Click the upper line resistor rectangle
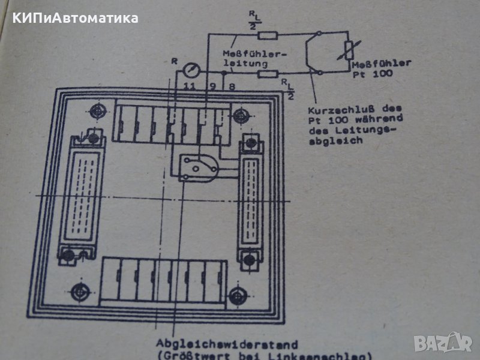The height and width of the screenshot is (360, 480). (268, 35)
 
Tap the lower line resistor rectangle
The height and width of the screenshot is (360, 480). (268, 75)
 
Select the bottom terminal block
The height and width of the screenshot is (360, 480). (164, 282)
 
